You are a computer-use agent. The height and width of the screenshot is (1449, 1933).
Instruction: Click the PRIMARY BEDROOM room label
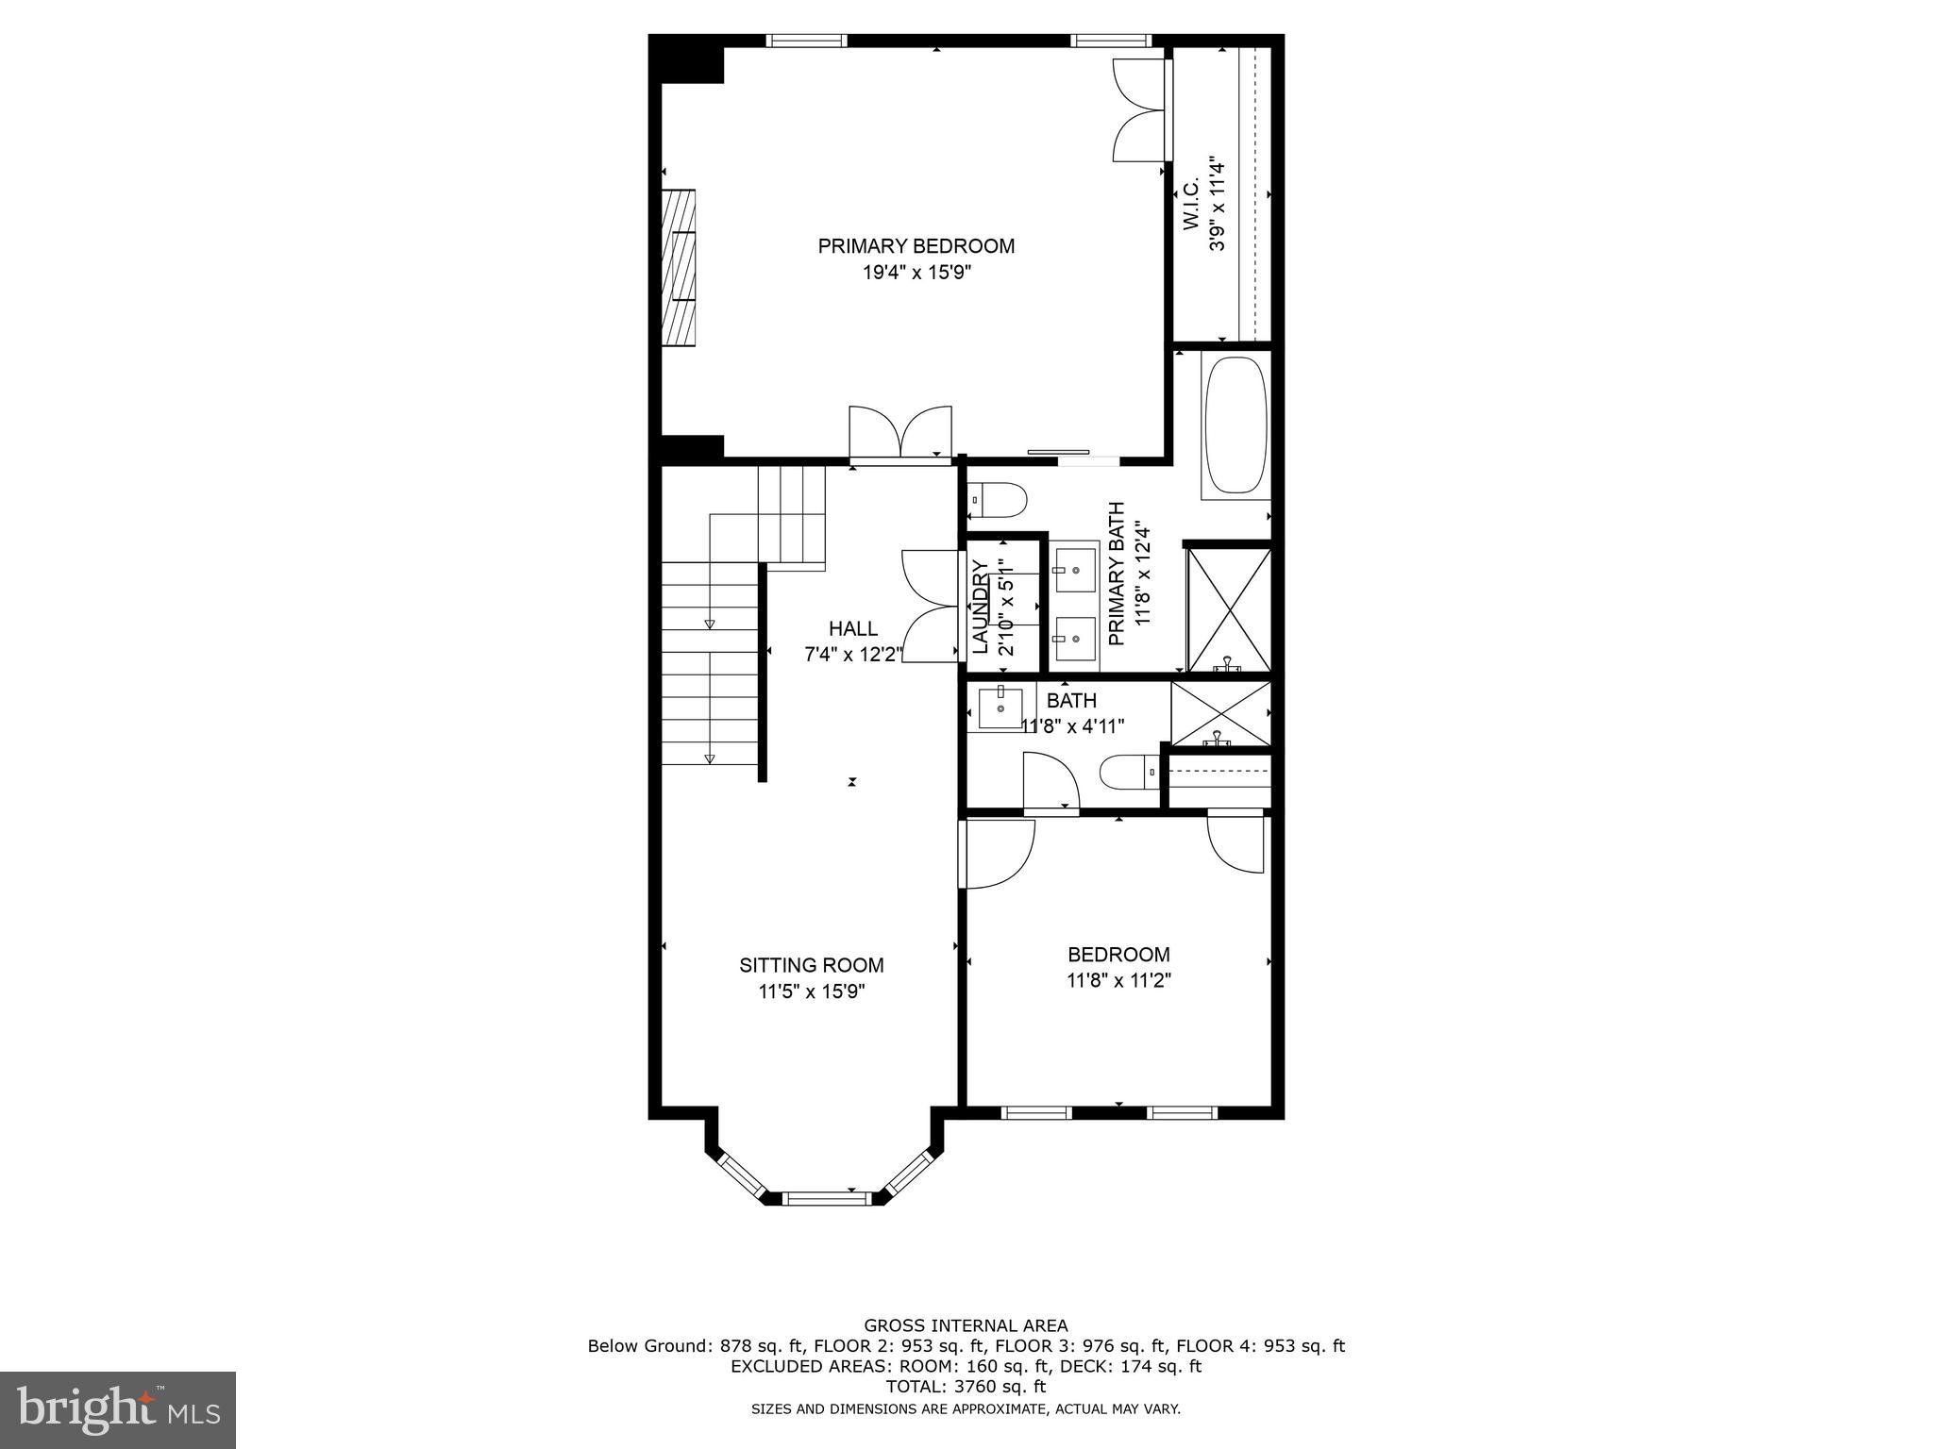tap(916, 246)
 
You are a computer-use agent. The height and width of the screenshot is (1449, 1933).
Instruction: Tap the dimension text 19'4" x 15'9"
tap(916, 274)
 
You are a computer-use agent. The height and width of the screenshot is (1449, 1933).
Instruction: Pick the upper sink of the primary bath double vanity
tap(1075, 570)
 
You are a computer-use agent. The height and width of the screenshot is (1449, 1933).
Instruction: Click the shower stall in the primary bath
tap(1228, 610)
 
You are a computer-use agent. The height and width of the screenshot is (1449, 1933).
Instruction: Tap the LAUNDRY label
tap(980, 607)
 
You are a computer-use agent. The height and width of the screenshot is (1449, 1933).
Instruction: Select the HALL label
tap(852, 628)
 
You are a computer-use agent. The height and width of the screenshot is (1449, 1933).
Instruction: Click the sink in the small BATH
tap(1000, 708)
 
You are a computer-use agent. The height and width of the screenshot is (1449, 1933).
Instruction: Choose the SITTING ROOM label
tap(811, 965)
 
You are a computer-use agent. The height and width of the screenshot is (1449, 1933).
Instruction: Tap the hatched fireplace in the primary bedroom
tap(678, 268)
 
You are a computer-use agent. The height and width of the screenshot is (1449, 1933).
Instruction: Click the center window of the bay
tap(824, 1199)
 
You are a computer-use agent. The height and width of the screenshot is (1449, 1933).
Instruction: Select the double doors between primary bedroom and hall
tap(900, 434)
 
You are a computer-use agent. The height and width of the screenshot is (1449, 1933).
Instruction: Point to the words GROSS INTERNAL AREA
tap(966, 1325)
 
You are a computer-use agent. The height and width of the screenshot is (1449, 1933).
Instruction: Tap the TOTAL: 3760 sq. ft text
tap(966, 1387)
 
